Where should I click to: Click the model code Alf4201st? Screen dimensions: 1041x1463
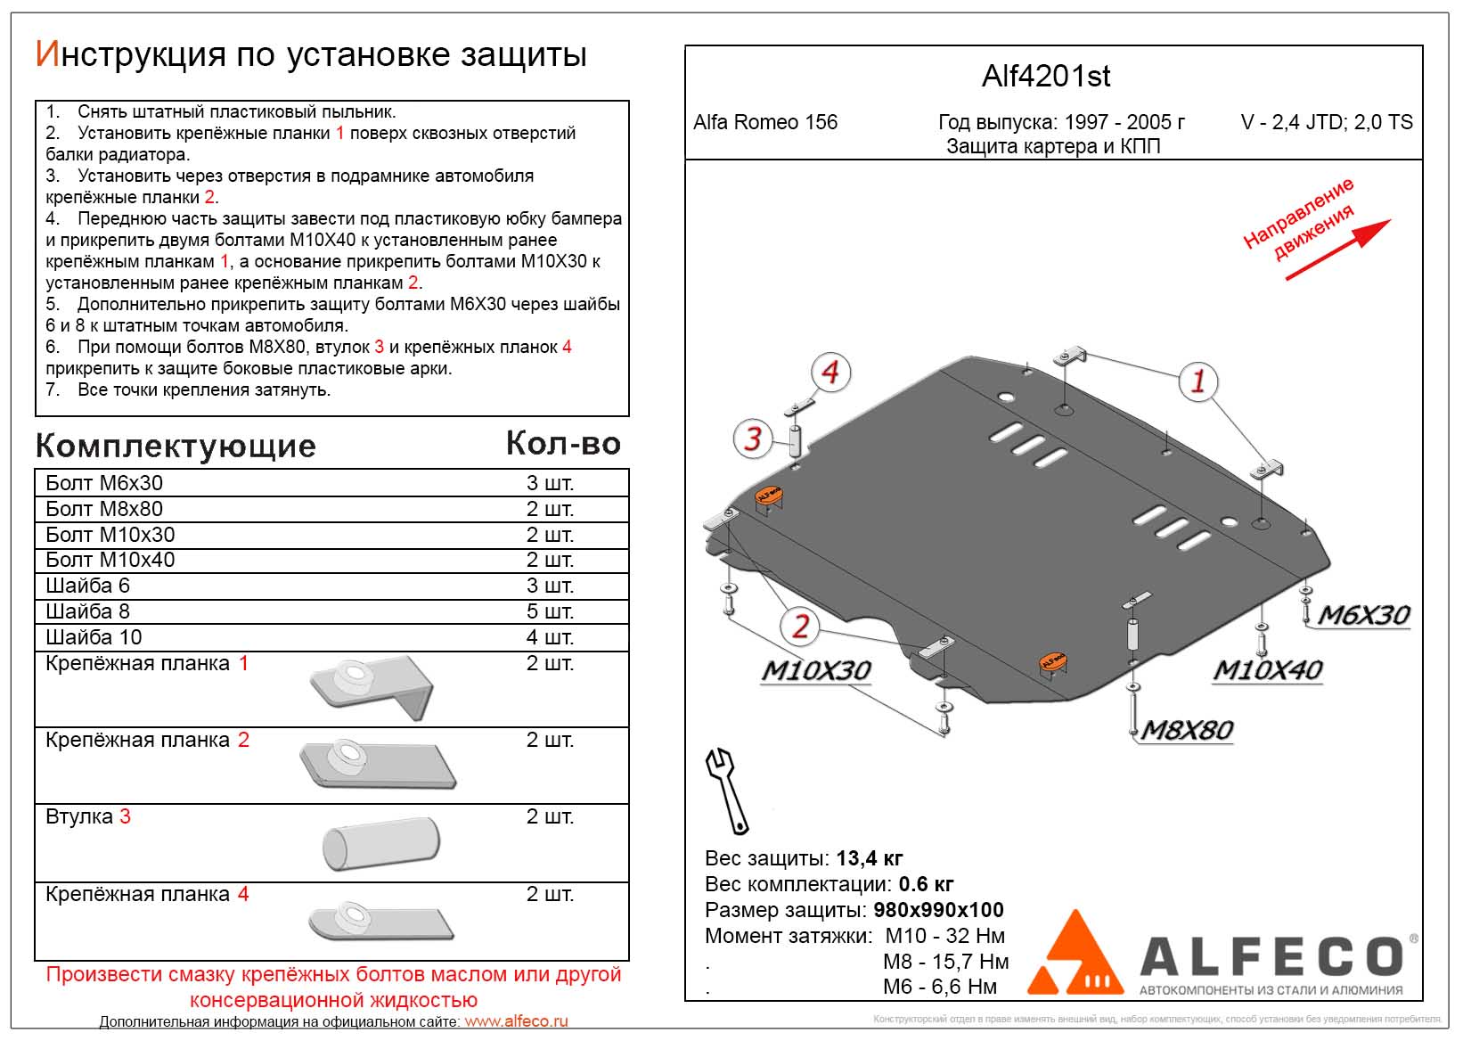click(1046, 77)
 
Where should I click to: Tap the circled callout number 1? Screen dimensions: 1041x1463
click(1197, 381)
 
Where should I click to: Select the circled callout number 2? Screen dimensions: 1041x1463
click(800, 627)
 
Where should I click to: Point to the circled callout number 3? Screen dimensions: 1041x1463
click(754, 439)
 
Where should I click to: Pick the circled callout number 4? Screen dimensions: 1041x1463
click(830, 373)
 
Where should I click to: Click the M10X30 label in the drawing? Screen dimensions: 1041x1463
click(815, 670)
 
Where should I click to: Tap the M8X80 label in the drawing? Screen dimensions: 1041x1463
click(1187, 731)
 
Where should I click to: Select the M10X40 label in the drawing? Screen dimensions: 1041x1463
click(1267, 670)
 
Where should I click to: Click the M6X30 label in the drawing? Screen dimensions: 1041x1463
click(1363, 615)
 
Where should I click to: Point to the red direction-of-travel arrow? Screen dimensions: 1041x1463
click(1336, 250)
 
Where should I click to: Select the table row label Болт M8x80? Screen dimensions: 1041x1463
click(104, 509)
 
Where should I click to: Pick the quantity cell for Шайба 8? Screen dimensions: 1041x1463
click(550, 611)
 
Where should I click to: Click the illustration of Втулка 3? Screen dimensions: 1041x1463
click(381, 841)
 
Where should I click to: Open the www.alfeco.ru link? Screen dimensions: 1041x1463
click(516, 1022)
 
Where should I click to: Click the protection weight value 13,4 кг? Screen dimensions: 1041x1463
click(869, 858)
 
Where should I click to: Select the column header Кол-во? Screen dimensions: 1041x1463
click(563, 443)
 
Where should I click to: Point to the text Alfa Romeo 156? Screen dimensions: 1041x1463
click(765, 122)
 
